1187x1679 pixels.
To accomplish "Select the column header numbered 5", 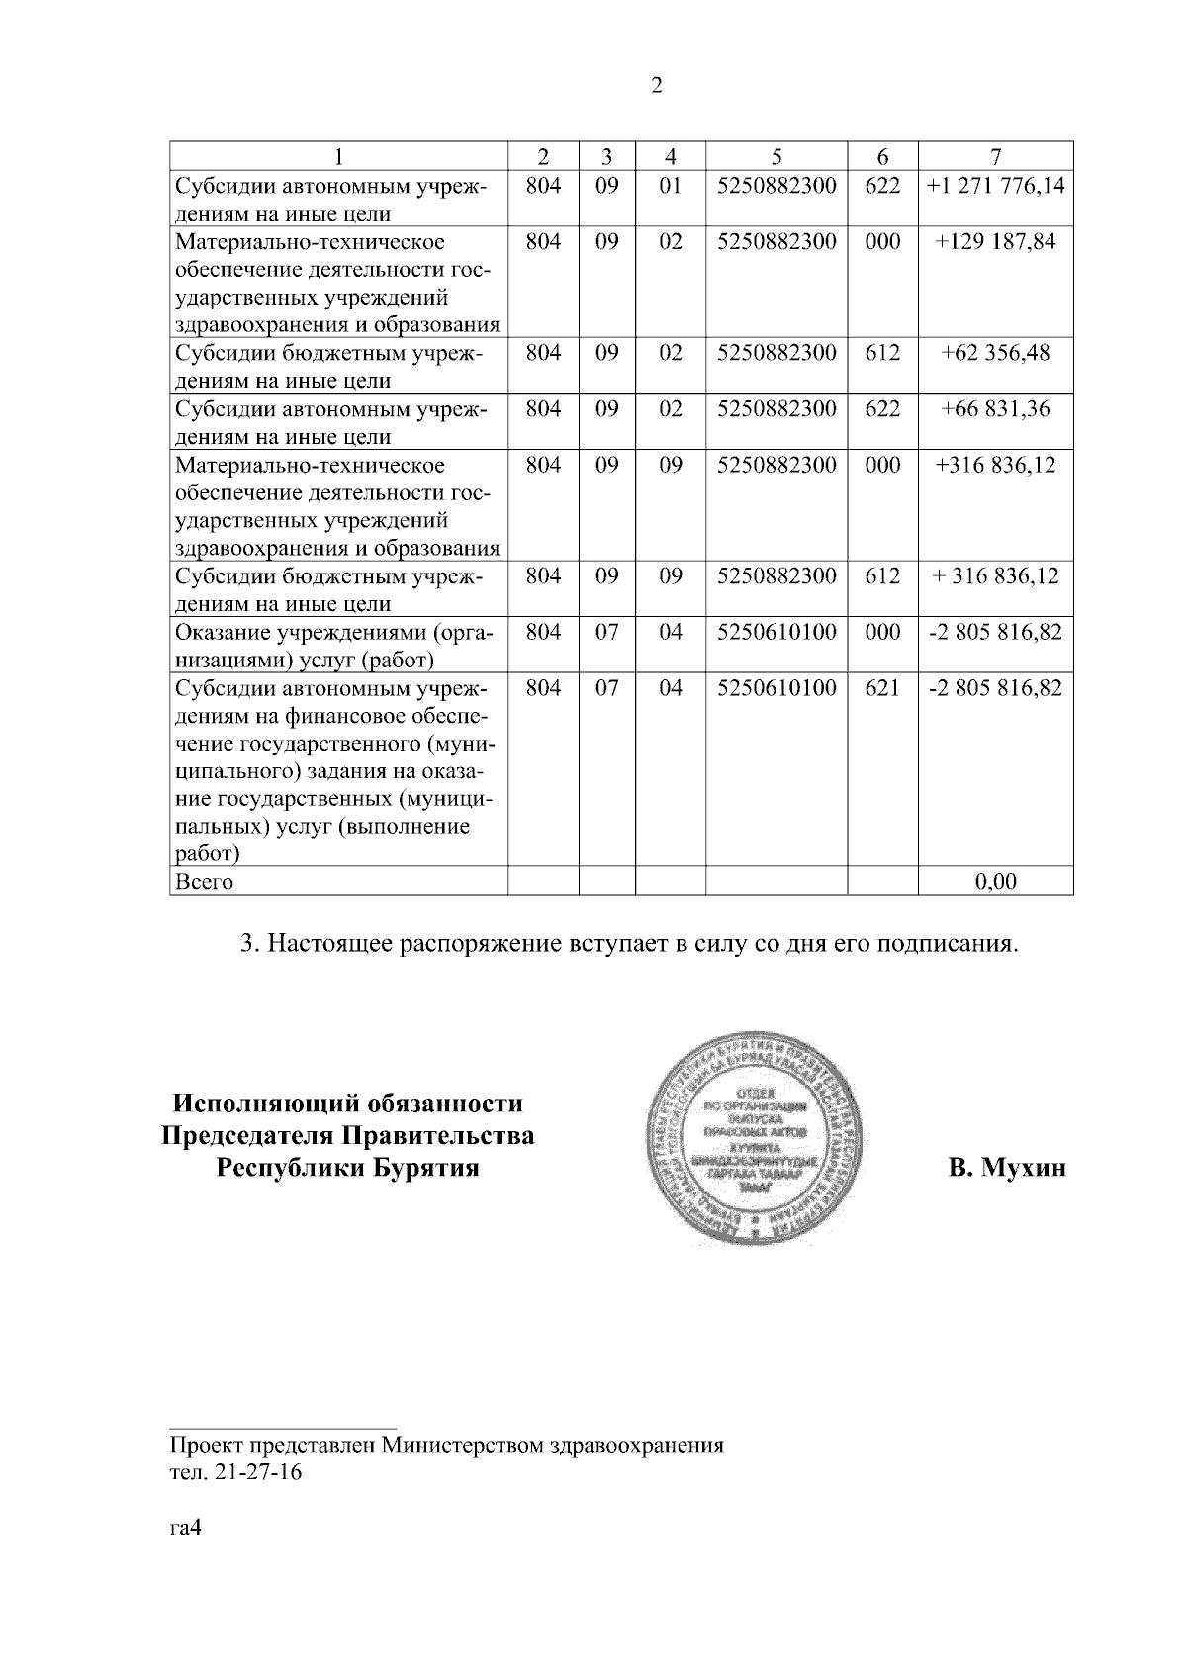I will pyautogui.click(x=776, y=156).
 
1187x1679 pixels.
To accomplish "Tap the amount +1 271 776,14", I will pyautogui.click(x=996, y=185).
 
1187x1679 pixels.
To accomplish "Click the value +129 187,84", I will pyautogui.click(x=996, y=241).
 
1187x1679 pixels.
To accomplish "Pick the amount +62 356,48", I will pyautogui.click(x=996, y=353).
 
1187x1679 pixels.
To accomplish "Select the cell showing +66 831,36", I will pyautogui.click(x=996, y=408).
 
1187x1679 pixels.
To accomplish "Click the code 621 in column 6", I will pyautogui.click(x=882, y=687).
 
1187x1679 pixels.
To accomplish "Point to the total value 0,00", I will pyautogui.click(x=995, y=881).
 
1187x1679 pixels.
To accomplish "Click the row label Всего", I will pyautogui.click(x=205, y=881).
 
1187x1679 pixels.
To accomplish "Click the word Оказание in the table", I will pyautogui.click(x=220, y=632).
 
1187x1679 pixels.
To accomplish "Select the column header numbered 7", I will pyautogui.click(x=996, y=156).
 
